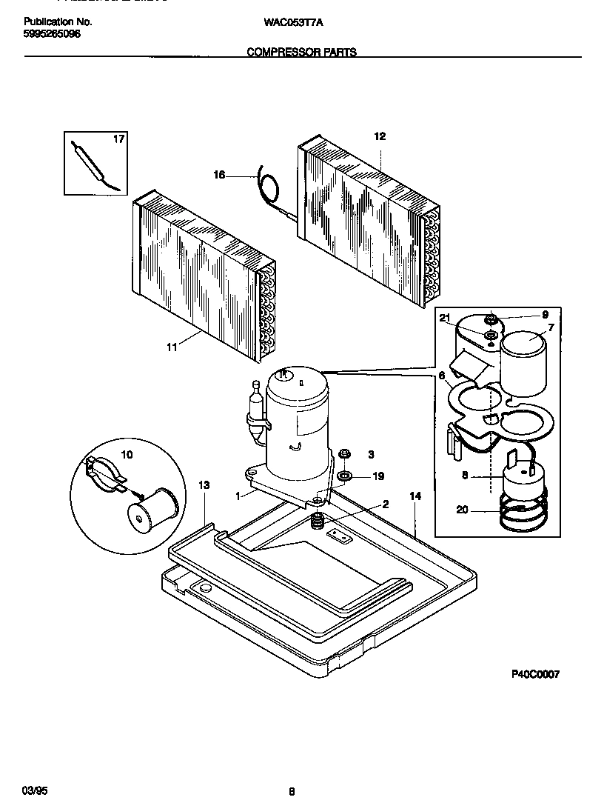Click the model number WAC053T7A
click(293, 22)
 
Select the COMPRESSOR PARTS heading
click(301, 53)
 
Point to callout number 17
click(119, 139)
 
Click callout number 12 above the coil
click(380, 136)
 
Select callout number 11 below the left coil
click(172, 346)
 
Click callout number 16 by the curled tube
click(219, 175)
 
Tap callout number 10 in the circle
click(127, 454)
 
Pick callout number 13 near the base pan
click(204, 485)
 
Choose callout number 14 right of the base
click(415, 495)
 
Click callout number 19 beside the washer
click(378, 476)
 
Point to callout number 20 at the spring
click(462, 510)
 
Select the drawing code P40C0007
click(535, 674)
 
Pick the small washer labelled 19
click(344, 475)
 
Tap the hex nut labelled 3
click(344, 453)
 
